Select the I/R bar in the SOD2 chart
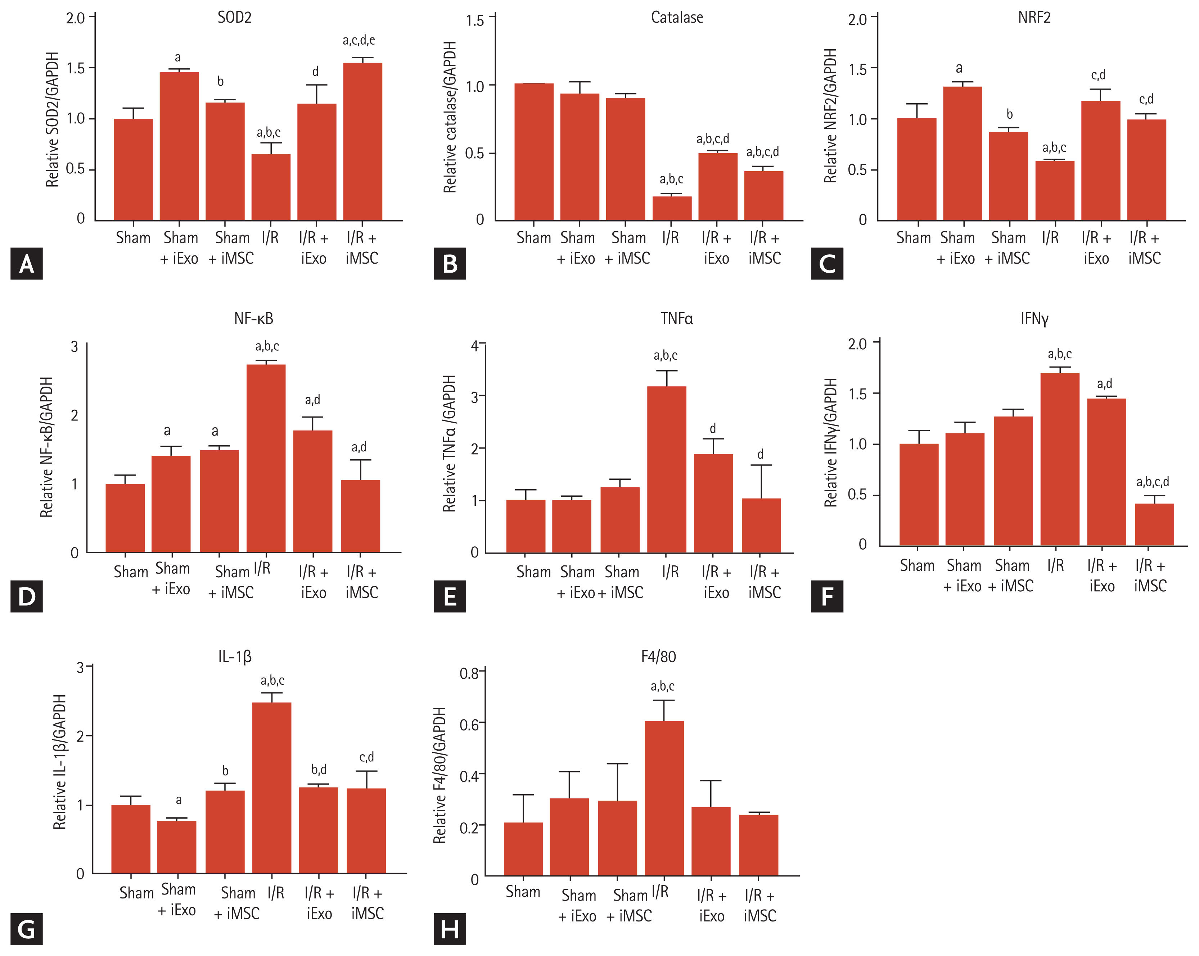(x=271, y=187)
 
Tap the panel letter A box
(x=26, y=263)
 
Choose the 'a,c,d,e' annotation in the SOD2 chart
(x=359, y=40)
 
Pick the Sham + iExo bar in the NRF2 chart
(x=962, y=154)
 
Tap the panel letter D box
(x=26, y=596)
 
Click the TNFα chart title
(x=677, y=318)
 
